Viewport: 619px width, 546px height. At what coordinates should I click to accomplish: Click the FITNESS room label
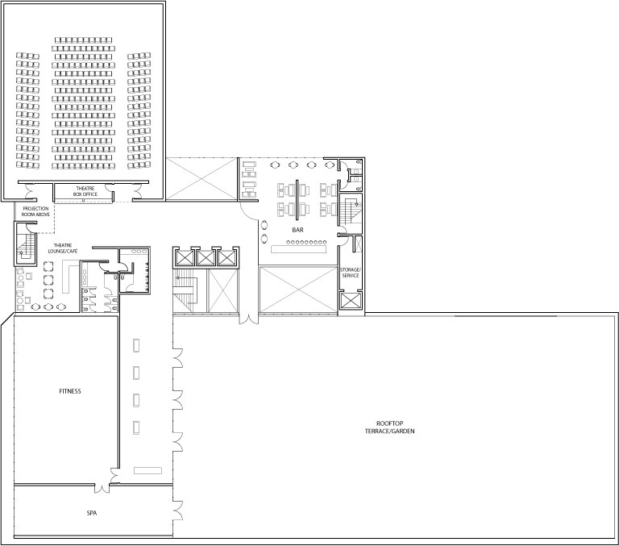click(70, 391)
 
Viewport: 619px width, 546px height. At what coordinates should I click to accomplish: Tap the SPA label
click(92, 513)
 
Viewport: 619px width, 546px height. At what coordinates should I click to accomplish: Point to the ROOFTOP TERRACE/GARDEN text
click(389, 427)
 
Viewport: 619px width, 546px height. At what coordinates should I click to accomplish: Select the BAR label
click(297, 230)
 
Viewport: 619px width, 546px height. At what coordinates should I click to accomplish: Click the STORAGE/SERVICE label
click(350, 273)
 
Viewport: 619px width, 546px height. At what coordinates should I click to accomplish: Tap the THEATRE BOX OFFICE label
click(85, 192)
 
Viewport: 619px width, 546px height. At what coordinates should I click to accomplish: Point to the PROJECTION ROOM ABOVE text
click(35, 211)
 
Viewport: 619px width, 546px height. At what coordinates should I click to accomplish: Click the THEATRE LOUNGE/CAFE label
click(63, 248)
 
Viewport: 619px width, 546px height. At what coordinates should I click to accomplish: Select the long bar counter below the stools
click(298, 249)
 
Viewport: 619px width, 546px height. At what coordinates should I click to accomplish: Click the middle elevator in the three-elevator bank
click(206, 258)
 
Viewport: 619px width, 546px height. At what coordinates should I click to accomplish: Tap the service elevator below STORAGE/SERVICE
click(350, 301)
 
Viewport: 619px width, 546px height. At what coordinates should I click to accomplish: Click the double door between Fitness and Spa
click(102, 487)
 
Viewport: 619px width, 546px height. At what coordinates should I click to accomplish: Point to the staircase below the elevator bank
click(185, 291)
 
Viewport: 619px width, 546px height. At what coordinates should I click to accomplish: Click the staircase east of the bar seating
click(351, 213)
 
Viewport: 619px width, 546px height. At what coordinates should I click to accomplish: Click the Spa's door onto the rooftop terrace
click(178, 510)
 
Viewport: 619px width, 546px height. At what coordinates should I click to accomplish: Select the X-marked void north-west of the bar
click(201, 179)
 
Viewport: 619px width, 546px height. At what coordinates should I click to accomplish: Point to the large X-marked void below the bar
click(298, 290)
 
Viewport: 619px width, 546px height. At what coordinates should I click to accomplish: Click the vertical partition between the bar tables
click(297, 199)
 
